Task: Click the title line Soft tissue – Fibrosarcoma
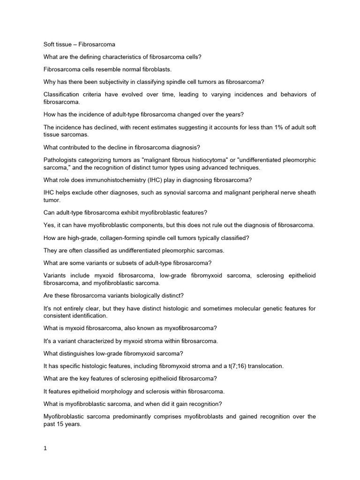click(79, 45)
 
